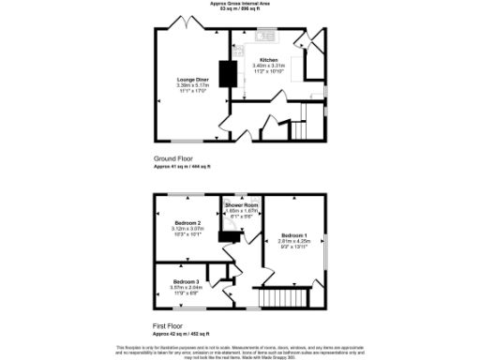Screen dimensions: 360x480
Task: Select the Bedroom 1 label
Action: point(293,234)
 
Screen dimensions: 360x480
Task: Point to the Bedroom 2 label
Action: point(187,222)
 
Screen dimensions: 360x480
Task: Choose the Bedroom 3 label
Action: point(185,282)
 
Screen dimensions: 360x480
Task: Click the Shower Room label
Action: point(241,204)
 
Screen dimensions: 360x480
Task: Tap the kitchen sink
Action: point(262,38)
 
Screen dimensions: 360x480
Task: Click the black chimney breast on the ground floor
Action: point(226,74)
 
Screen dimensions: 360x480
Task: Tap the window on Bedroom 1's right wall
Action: point(325,247)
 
